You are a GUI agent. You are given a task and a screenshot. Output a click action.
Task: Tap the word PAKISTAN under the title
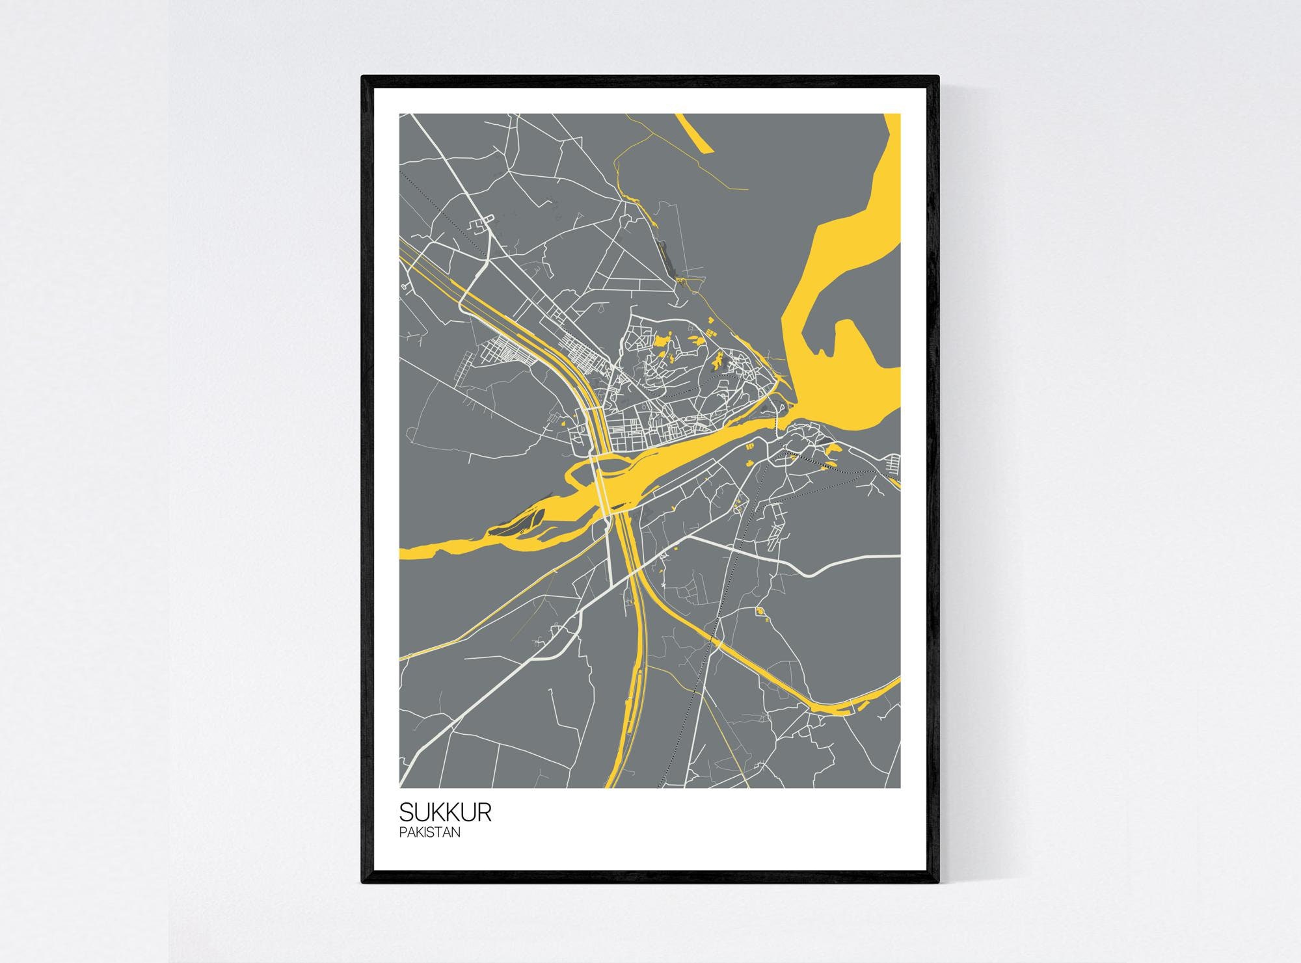(x=430, y=832)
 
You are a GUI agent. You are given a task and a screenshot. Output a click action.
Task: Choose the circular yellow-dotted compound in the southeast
(x=760, y=612)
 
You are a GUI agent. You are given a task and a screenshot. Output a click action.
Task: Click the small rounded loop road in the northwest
(x=481, y=226)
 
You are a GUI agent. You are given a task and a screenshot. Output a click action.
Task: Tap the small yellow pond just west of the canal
(x=560, y=425)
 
